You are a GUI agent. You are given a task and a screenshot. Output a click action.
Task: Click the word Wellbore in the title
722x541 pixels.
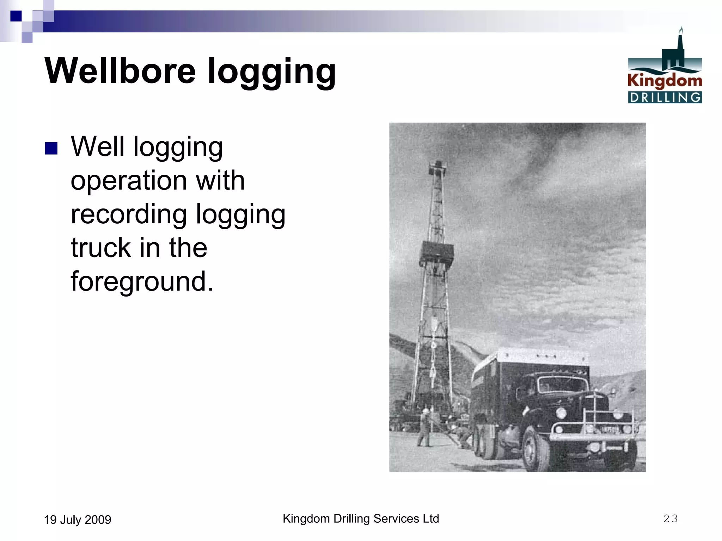click(120, 71)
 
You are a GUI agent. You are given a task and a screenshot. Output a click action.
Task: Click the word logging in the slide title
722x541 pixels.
click(271, 73)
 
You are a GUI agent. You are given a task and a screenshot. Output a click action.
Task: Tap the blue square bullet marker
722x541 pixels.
click(51, 148)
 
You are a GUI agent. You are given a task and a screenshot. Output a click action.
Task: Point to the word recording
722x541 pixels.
click(129, 214)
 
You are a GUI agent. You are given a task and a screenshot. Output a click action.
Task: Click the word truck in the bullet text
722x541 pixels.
click(101, 248)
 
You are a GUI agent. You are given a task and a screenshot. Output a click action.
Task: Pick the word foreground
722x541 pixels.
click(142, 281)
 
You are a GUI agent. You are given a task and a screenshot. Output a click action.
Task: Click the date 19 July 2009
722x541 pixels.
click(77, 520)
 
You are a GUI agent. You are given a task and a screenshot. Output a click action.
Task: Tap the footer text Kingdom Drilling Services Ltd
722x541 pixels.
click(361, 518)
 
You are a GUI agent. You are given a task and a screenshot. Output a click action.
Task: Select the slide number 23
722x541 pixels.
click(670, 518)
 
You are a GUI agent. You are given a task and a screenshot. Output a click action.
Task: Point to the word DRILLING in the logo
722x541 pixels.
click(665, 97)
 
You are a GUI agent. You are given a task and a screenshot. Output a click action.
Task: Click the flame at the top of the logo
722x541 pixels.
click(681, 30)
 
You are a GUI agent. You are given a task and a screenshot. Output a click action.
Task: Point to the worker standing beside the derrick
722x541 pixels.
click(425, 427)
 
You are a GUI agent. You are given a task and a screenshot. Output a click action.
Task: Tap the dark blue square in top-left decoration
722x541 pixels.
click(16, 16)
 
